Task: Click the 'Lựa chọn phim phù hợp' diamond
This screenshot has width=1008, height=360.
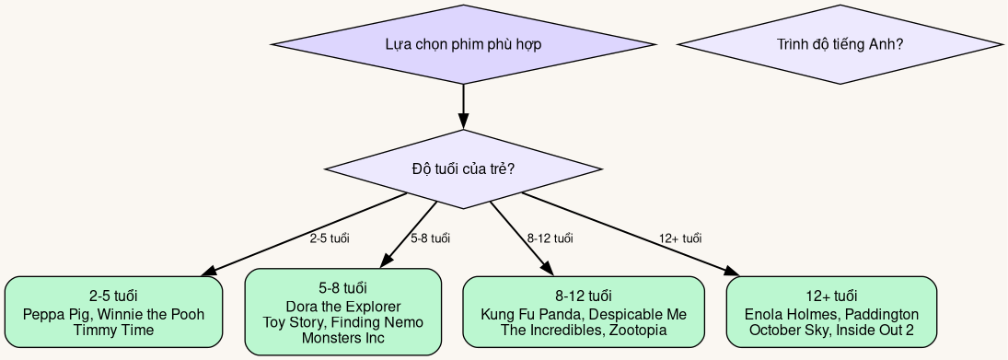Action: (463, 44)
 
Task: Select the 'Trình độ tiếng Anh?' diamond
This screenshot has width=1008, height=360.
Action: (839, 44)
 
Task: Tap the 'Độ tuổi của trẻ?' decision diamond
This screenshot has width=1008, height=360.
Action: (463, 169)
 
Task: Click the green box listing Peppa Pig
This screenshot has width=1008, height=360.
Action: (113, 312)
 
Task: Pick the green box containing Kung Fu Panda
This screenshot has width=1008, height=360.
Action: (584, 312)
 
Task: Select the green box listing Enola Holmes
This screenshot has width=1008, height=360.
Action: (831, 312)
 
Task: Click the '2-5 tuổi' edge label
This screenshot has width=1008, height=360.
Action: (330, 239)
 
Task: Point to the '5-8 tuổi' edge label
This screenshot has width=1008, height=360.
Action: (430, 239)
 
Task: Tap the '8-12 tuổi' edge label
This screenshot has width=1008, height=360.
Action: (550, 239)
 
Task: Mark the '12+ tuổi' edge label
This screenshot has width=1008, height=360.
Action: (680, 239)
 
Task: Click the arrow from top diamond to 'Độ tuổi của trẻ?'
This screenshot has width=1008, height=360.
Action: (463, 105)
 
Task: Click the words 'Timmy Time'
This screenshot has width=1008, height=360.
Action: (113, 330)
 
